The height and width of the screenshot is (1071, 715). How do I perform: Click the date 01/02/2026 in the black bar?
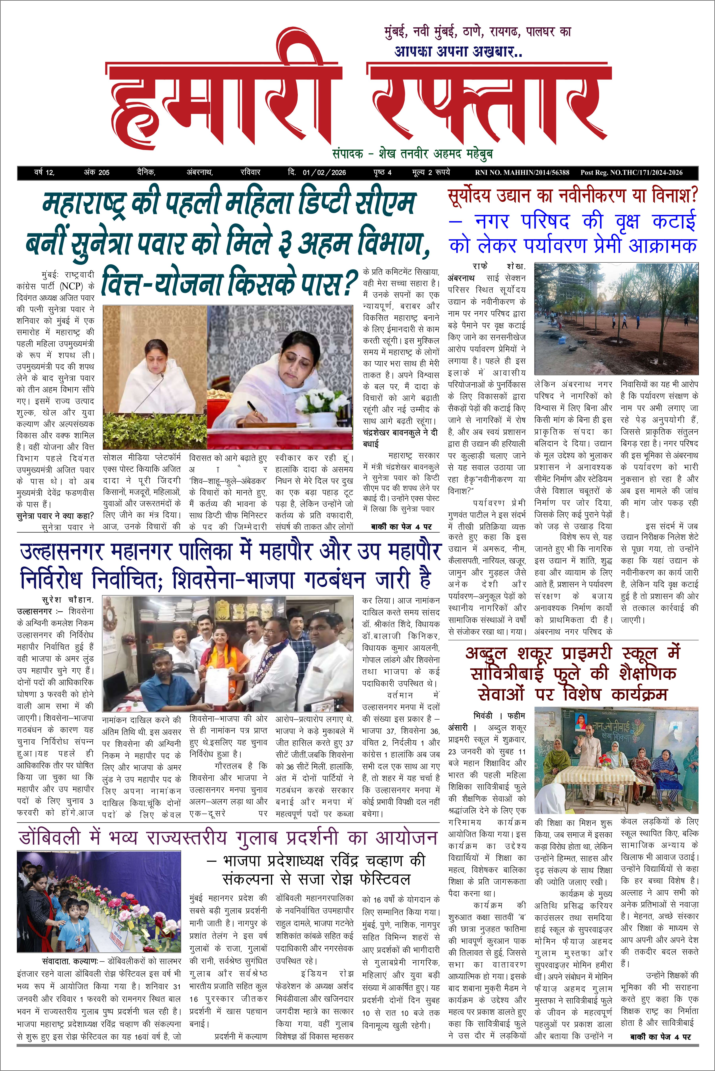coord(324,172)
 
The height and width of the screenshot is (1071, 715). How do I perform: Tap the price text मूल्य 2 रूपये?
coord(431,172)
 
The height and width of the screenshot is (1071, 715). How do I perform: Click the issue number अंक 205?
coord(97,172)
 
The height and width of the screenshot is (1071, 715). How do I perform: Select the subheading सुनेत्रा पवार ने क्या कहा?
coord(55,516)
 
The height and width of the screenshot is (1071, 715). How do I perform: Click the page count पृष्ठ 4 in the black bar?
coord(382,172)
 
